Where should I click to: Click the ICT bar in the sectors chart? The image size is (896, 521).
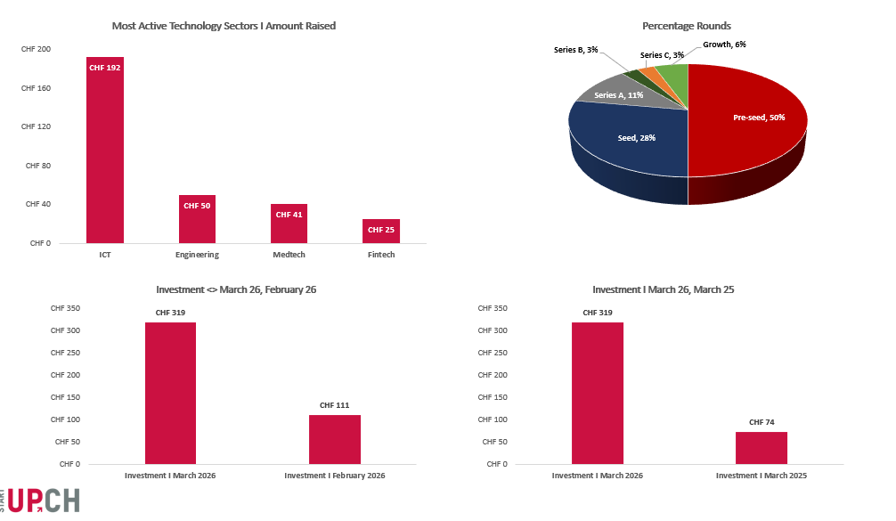click(x=104, y=151)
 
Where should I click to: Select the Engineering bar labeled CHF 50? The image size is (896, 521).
click(x=197, y=219)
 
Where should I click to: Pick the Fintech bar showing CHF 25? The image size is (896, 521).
click(x=380, y=231)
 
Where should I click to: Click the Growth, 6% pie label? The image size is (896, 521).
click(x=724, y=44)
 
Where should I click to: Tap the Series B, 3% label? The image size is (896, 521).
click(x=575, y=50)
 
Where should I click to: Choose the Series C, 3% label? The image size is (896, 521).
click(x=662, y=55)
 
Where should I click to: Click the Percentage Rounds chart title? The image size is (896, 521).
click(x=687, y=26)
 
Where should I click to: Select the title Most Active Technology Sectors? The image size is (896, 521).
click(x=224, y=26)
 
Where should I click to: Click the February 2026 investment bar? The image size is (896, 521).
click(x=335, y=439)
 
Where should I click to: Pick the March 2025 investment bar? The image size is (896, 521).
click(x=762, y=447)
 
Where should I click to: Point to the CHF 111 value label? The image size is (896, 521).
click(x=335, y=405)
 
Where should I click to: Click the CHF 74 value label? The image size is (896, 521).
click(x=762, y=422)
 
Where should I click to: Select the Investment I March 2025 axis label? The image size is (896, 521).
click(x=762, y=476)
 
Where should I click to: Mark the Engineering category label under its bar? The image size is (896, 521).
click(x=197, y=255)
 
